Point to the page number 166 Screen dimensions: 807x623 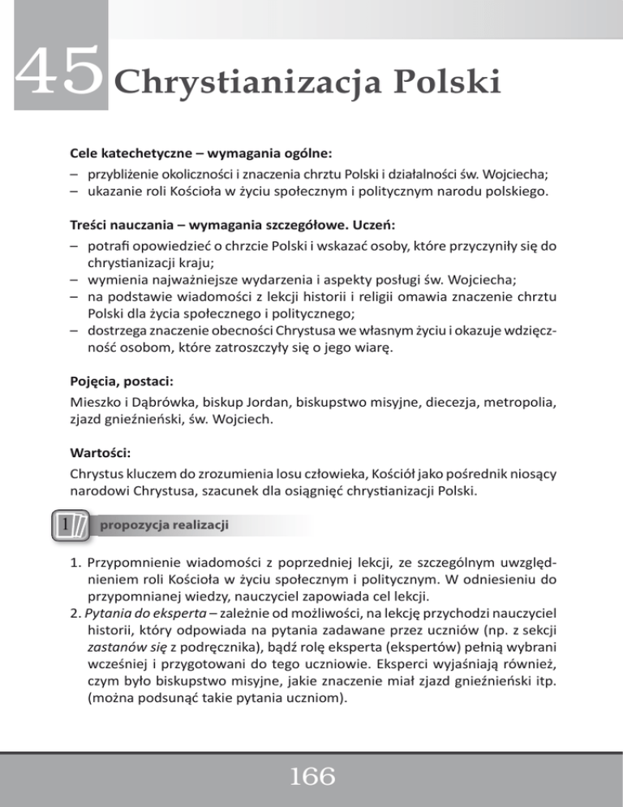311,777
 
